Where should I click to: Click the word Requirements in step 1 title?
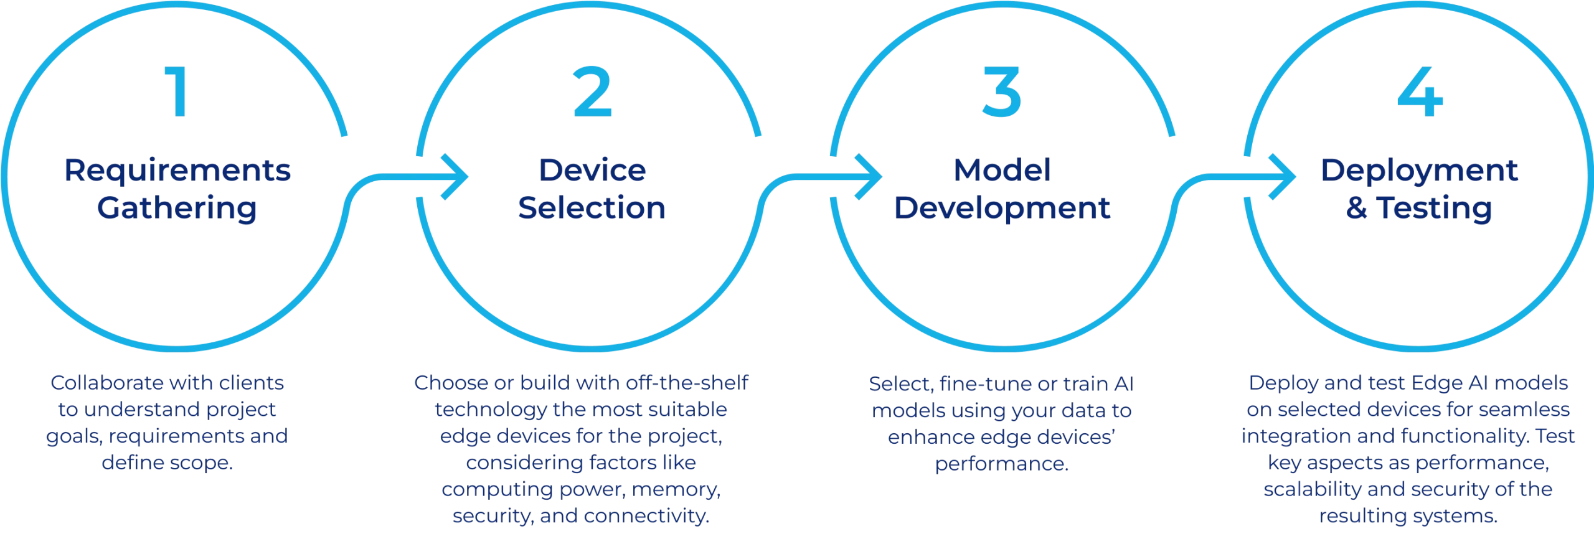tap(177, 171)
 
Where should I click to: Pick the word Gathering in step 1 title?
tap(177, 208)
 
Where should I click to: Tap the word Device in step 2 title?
tap(592, 171)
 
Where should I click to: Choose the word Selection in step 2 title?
tap(592, 208)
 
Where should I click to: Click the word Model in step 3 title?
tap(1002, 171)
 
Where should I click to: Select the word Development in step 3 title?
tap(1002, 208)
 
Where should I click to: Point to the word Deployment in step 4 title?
tap(1419, 171)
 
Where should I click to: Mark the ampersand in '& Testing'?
tap(1355, 209)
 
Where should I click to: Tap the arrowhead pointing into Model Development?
tap(869, 176)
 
